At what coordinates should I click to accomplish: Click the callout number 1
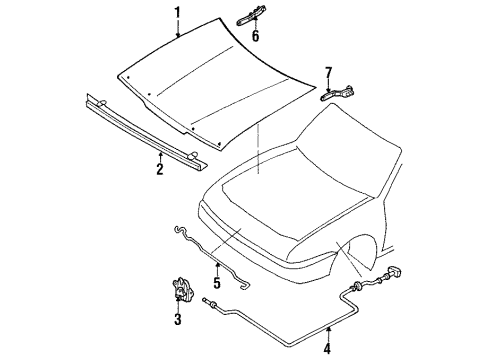point(178,14)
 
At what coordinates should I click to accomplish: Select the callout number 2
point(160,169)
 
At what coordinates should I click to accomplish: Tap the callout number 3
point(178,319)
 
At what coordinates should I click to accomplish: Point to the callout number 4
point(327,348)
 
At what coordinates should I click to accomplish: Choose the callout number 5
point(217,283)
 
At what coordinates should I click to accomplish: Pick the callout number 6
point(255,36)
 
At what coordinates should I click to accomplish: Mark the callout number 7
point(329,73)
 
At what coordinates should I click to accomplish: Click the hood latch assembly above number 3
point(182,289)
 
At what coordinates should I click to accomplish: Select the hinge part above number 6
point(251,15)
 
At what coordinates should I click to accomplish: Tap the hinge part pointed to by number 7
point(337,93)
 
